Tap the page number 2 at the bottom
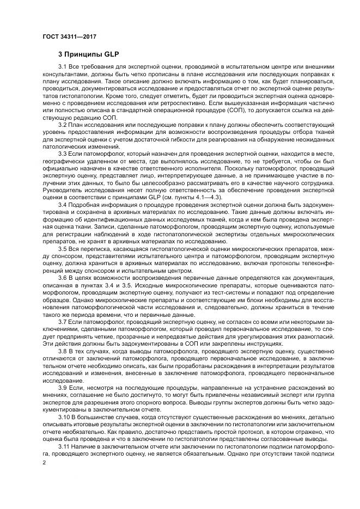coord(45,462)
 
